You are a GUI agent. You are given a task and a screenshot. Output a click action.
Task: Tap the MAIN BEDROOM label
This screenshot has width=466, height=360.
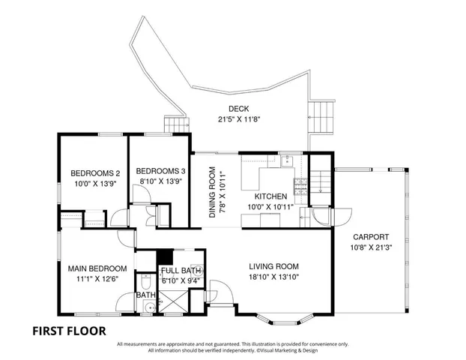97,268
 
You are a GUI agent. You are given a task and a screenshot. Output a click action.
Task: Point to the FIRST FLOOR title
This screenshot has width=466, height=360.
68,330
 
